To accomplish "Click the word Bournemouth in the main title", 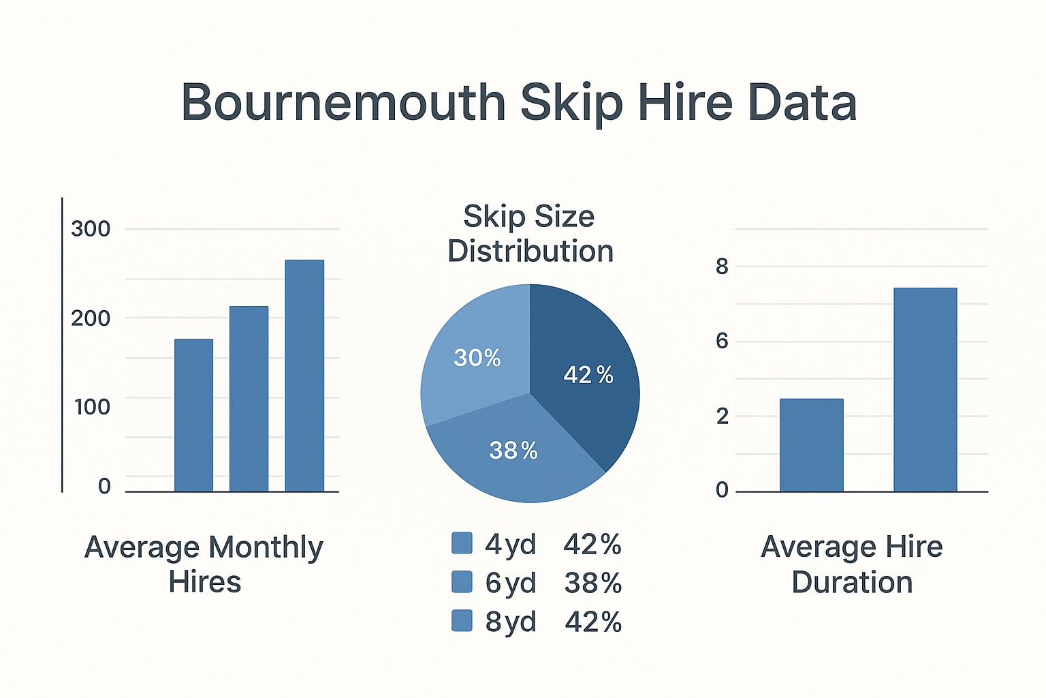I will [x=343, y=102].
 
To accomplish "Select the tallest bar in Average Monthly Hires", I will [x=304, y=375].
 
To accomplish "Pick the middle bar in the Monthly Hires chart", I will [x=249, y=398].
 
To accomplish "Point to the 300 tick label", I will [x=91, y=229].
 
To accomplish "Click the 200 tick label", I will [x=91, y=318].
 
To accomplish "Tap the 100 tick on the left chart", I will [x=92, y=407].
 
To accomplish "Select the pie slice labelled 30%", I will [x=470, y=354].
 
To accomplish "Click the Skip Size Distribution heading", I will [x=530, y=234].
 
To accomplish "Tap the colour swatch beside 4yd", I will [x=462, y=544].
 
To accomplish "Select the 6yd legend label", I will [x=511, y=583].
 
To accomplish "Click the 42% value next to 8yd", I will [x=593, y=622].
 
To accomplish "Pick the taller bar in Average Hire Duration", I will [x=925, y=389].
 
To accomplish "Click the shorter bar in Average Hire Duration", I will [x=812, y=444].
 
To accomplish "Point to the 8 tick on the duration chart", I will [x=722, y=267].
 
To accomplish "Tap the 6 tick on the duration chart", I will [x=722, y=341].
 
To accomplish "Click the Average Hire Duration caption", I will [x=852, y=564].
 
